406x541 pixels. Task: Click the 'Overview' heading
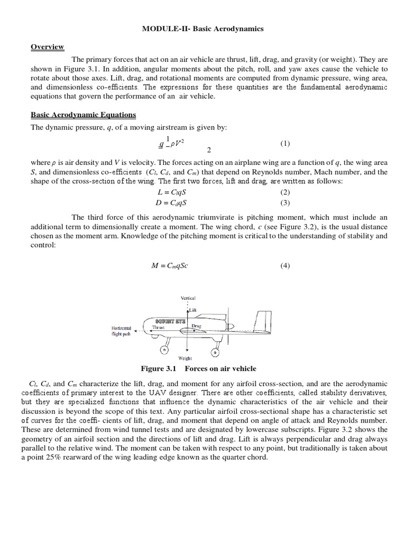click(47, 47)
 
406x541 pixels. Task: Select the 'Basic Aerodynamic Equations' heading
click(83, 115)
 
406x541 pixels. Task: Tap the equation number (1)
click(285, 144)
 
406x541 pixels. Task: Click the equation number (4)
click(285, 266)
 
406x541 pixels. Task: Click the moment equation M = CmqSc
click(170, 266)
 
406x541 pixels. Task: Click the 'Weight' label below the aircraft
click(185, 358)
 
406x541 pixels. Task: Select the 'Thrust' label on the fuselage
click(159, 328)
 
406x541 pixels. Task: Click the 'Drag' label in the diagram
click(196, 327)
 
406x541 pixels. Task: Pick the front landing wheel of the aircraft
click(164, 349)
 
